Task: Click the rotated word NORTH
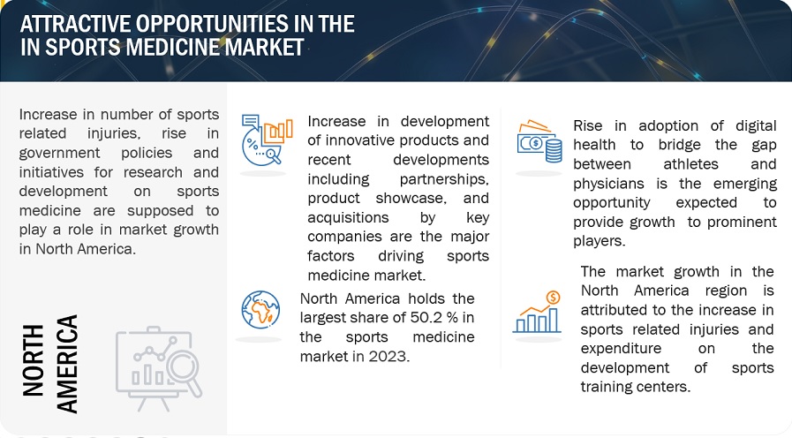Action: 34,360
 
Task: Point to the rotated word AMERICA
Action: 67,364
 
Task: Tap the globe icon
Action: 260,310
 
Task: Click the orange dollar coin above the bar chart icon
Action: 553,298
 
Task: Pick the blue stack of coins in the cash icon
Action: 554,151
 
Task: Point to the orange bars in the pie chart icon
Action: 278,131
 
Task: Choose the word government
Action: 60,153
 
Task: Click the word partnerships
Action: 444,179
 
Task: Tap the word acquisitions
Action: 348,218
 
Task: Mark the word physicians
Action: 608,184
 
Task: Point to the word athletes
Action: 690,164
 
